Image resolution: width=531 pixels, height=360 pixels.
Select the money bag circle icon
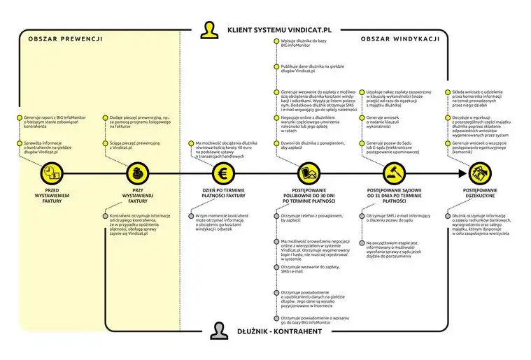(135, 173)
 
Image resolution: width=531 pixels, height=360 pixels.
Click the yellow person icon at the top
(208, 29)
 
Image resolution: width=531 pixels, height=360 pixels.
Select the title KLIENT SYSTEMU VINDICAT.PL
(278, 31)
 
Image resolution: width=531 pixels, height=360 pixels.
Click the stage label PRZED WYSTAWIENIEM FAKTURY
(52, 194)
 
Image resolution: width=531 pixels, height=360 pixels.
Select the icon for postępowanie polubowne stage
(309, 173)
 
